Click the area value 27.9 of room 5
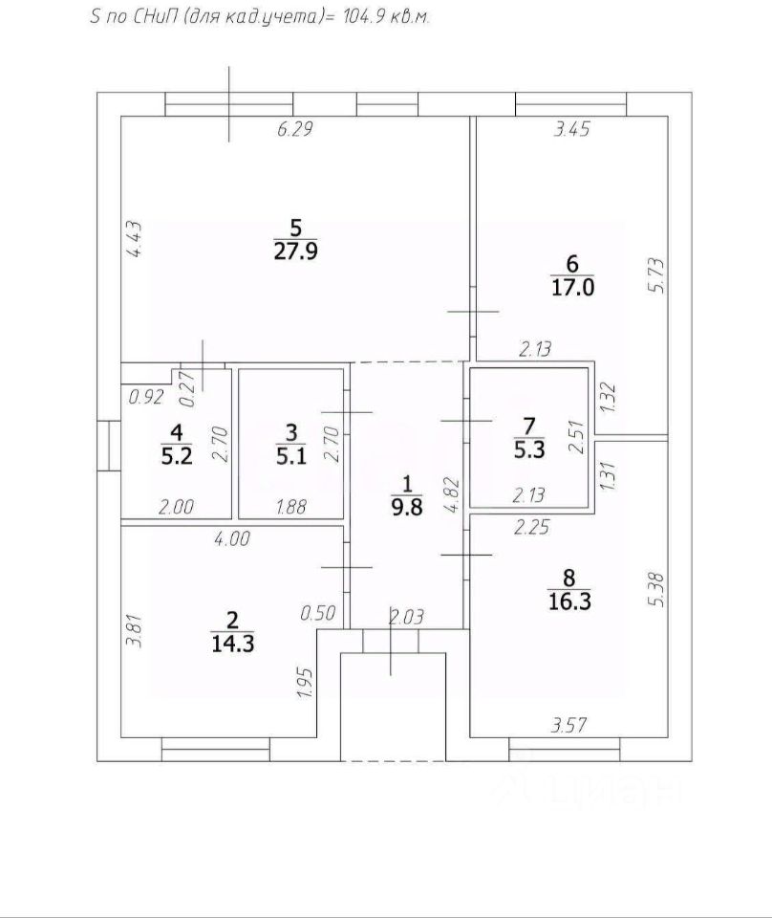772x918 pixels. [x=294, y=253]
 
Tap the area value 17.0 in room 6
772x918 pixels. [x=572, y=288]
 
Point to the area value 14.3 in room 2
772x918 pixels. [x=232, y=643]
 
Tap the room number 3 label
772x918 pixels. [x=292, y=431]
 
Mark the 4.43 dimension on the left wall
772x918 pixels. [x=135, y=240]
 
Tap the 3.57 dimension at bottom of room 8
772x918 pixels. [x=566, y=726]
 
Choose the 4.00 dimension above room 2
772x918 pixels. [x=232, y=539]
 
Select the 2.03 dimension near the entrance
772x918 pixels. [x=406, y=616]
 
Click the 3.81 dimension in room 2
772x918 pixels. [x=135, y=633]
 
